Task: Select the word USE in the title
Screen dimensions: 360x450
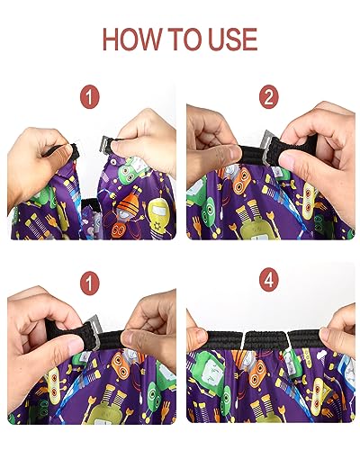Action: click(233, 39)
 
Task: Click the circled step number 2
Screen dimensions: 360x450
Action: click(269, 97)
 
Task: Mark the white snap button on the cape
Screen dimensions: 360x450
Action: click(113, 162)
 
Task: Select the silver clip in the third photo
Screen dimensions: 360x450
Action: click(94, 330)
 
